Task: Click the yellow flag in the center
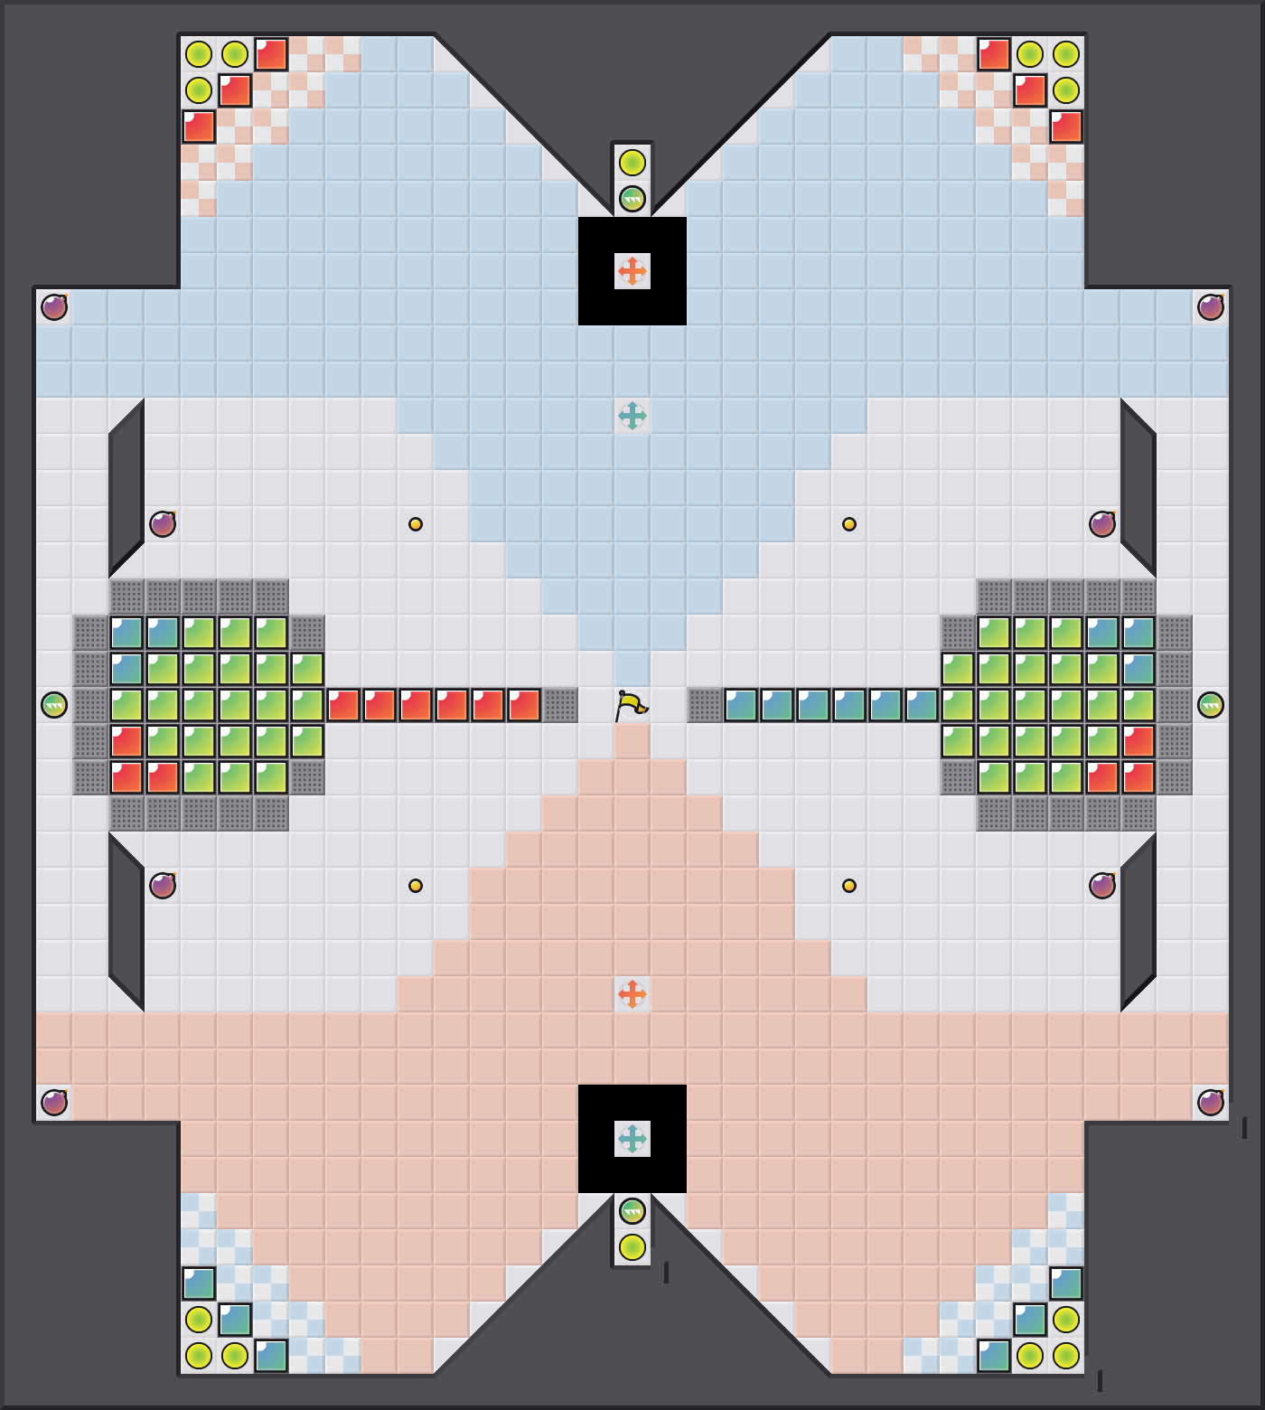(x=631, y=704)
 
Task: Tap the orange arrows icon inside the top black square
(x=632, y=270)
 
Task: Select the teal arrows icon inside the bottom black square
(x=632, y=1138)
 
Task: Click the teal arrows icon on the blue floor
(x=632, y=415)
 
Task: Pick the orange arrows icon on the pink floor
(x=632, y=993)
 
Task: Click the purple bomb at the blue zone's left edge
(x=54, y=307)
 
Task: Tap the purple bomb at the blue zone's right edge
(x=1211, y=307)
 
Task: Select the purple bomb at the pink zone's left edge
(x=54, y=1103)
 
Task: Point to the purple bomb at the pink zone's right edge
(x=1211, y=1103)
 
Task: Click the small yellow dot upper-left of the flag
(x=416, y=524)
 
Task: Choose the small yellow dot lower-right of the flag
(x=849, y=886)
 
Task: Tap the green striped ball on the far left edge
(x=54, y=705)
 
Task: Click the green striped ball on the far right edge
(x=1211, y=705)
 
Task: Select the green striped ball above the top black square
(x=632, y=199)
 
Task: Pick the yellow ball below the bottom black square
(x=632, y=1247)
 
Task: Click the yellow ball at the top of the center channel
(x=632, y=163)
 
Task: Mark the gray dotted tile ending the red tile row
(x=560, y=705)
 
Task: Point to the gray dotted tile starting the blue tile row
(x=705, y=705)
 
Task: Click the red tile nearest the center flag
(x=524, y=705)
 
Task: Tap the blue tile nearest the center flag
(x=741, y=705)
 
